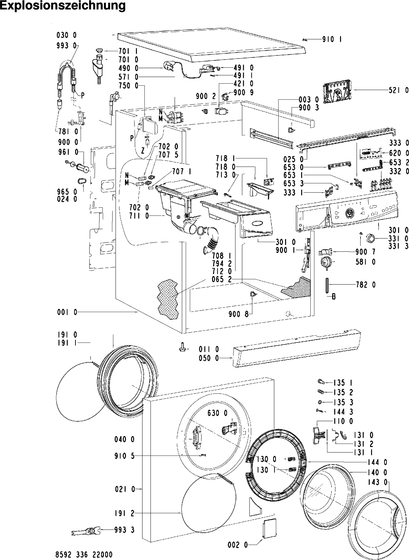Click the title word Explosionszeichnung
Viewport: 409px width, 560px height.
(x=63, y=6)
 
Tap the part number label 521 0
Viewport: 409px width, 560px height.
(x=398, y=90)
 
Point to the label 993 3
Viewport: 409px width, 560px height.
(x=124, y=530)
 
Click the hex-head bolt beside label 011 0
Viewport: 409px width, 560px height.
(x=182, y=348)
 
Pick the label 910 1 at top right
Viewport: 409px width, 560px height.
(x=332, y=40)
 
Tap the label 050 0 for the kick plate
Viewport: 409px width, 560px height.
(x=209, y=358)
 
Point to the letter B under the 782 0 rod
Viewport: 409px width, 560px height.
(x=334, y=297)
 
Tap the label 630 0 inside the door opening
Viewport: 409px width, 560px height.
(x=217, y=413)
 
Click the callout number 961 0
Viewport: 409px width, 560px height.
(x=67, y=152)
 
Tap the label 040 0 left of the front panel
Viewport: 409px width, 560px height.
(x=124, y=439)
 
